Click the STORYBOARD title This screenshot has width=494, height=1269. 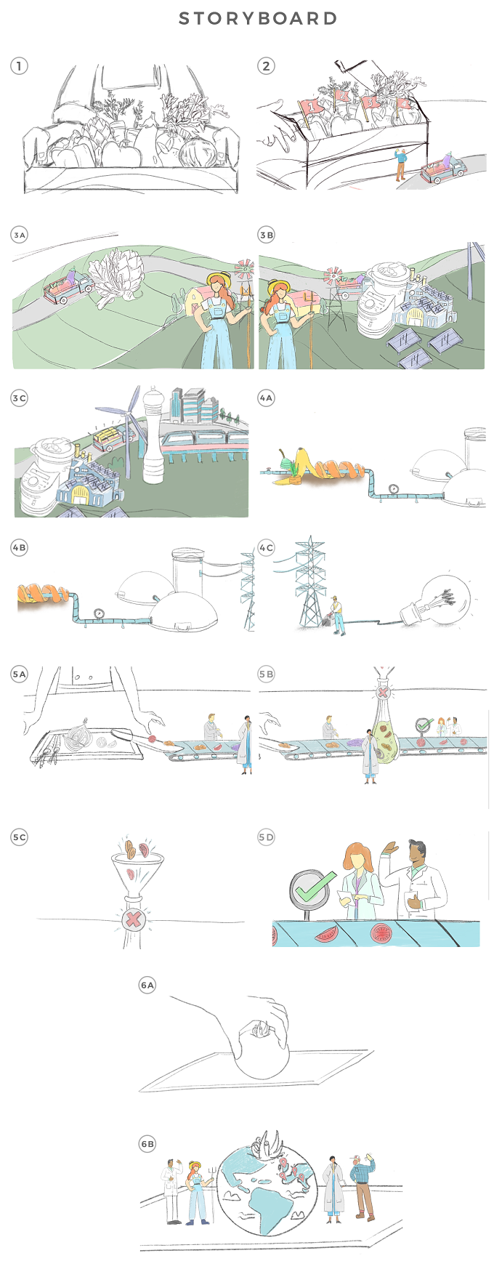(258, 18)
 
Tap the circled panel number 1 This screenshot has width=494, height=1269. (19, 65)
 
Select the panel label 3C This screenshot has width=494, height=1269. (19, 398)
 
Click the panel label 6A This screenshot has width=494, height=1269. (147, 985)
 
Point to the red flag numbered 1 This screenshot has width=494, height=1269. (312, 106)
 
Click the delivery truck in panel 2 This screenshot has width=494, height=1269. (442, 169)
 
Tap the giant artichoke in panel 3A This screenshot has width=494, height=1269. (119, 275)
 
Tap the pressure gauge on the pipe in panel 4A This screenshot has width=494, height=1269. (393, 488)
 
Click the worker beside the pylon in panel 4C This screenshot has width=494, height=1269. (336, 615)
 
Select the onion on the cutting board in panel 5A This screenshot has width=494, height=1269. (78, 736)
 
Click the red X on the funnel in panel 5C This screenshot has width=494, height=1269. (133, 919)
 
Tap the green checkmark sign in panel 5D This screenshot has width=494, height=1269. (312, 888)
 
